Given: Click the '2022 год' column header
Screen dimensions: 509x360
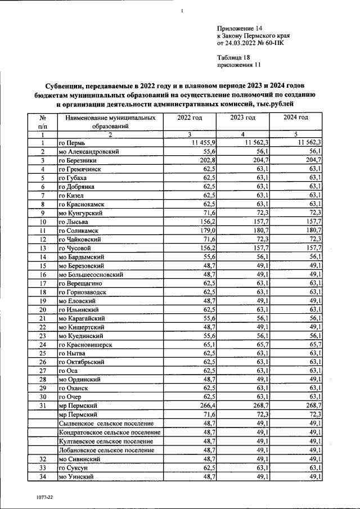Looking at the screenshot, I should [190, 118].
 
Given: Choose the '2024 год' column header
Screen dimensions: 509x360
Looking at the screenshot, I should [296, 118].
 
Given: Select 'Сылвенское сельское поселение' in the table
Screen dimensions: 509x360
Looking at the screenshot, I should [106, 423].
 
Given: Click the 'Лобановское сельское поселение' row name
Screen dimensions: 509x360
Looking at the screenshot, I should [106, 450].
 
